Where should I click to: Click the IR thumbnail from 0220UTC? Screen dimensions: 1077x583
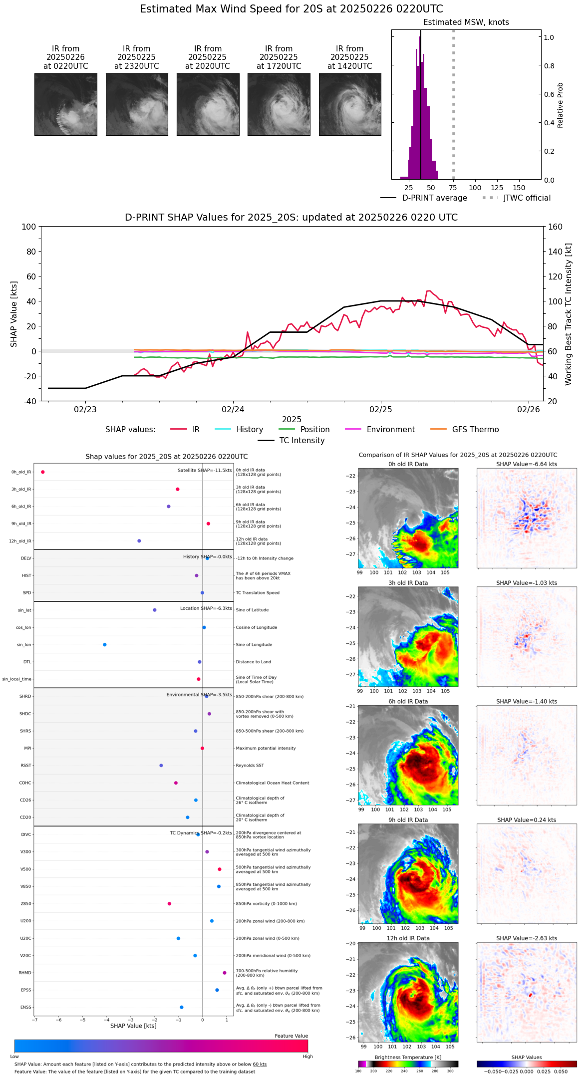coord(66,104)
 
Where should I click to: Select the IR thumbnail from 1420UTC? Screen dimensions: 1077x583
coord(350,104)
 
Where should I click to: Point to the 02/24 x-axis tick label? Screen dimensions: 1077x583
coord(233,409)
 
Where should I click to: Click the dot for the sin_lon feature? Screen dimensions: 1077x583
coord(105,645)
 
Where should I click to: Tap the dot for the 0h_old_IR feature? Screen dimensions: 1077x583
coord(43,472)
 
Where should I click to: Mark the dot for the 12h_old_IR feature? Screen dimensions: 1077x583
coord(139,541)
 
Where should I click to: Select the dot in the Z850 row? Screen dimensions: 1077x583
coord(170,904)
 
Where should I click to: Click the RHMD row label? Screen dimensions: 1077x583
coord(25,973)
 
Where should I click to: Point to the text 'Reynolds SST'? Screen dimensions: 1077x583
coord(250,766)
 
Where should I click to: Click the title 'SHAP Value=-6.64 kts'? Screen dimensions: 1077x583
coord(527,464)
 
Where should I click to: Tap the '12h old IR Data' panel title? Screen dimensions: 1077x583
coord(408,938)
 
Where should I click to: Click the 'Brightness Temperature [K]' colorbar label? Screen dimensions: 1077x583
coord(408,1057)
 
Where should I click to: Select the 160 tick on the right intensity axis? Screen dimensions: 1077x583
coord(556,227)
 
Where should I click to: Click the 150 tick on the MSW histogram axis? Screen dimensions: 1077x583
coord(519,188)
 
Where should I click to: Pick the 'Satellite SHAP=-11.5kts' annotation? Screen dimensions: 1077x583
coord(205,471)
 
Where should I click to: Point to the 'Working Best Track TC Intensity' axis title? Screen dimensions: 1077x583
coord(569,314)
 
